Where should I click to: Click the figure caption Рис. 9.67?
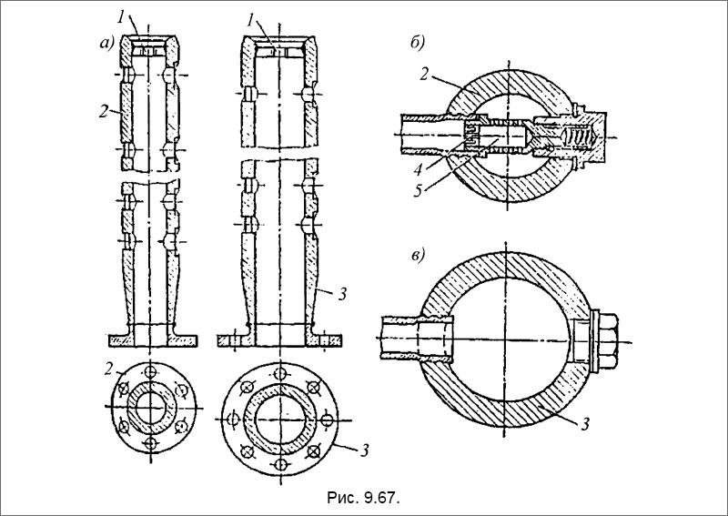pos(363,499)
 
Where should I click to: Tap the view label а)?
pos(107,43)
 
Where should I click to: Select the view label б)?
pos(418,43)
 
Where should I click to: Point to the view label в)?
pos(420,256)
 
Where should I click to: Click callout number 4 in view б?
pos(419,169)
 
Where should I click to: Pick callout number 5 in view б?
pos(419,190)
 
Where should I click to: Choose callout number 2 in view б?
pos(423,74)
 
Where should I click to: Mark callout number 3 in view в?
pos(585,423)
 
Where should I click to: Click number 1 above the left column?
pos(121,18)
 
